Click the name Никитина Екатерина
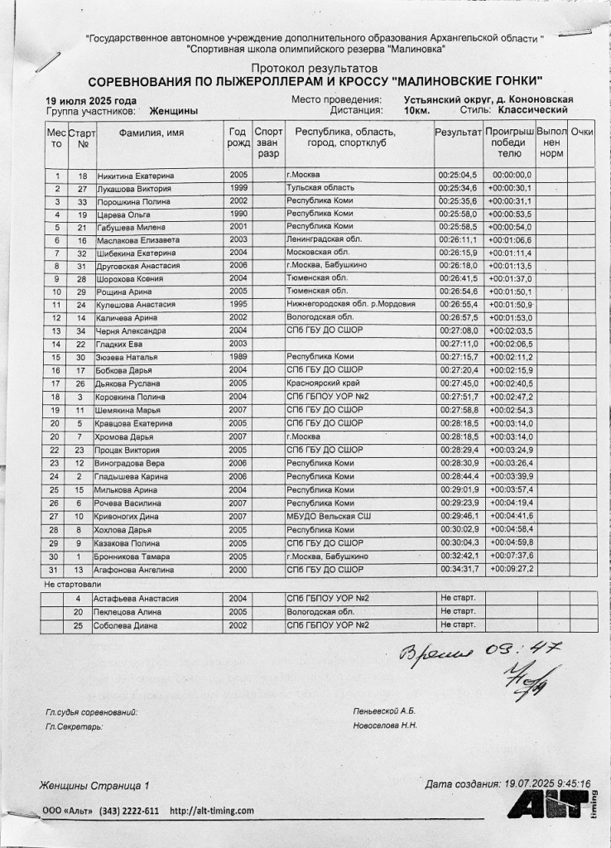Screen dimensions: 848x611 [x=135, y=176]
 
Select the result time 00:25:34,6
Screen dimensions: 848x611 [x=457, y=189]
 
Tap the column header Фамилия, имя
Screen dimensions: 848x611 [x=152, y=132]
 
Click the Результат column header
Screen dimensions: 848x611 [x=458, y=132]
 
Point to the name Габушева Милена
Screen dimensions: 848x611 [x=132, y=227]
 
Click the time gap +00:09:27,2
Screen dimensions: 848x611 [x=510, y=570]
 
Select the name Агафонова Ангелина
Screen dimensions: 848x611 [x=137, y=570]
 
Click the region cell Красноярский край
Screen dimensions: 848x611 [x=321, y=383]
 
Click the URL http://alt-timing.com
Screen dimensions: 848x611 [x=211, y=812]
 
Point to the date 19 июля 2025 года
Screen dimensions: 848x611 [x=91, y=101]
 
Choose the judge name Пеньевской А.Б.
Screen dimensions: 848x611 [x=383, y=711]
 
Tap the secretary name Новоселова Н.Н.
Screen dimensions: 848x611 [x=385, y=725]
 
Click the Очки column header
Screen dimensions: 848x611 [x=582, y=132]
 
